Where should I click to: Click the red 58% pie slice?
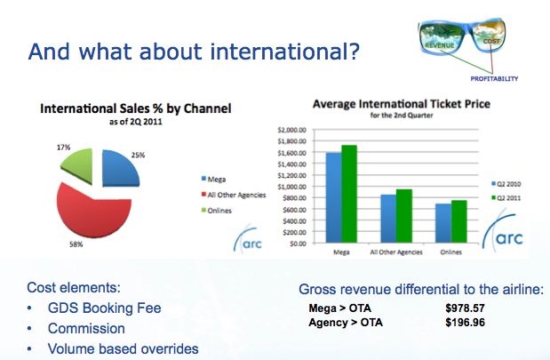[x=89, y=209]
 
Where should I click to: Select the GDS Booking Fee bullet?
[x=106, y=308]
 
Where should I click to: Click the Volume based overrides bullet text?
[x=124, y=348]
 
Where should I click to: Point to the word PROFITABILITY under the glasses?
[x=493, y=78]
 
